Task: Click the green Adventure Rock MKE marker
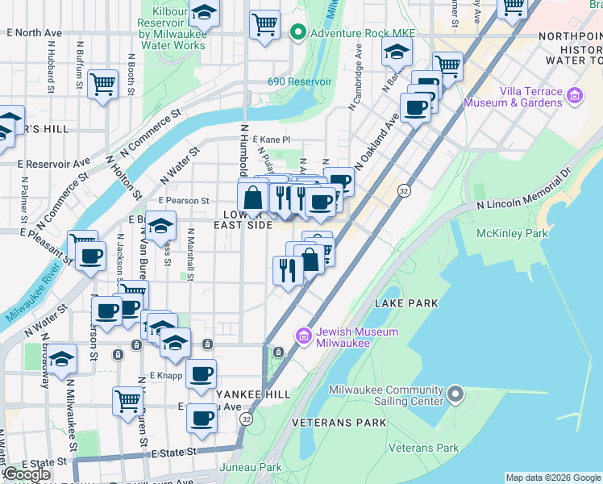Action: pyautogui.click(x=297, y=33)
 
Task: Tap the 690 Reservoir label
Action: pyautogui.click(x=300, y=82)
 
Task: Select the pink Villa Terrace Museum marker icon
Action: pyautogui.click(x=575, y=97)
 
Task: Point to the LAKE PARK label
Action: pyautogui.click(x=406, y=303)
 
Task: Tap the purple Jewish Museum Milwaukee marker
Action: pyautogui.click(x=304, y=335)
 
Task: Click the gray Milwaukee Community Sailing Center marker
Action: pyautogui.click(x=455, y=394)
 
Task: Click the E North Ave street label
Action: pyautogui.click(x=34, y=33)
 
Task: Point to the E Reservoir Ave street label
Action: pyautogui.click(x=53, y=162)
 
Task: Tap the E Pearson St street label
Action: pyautogui.click(x=184, y=200)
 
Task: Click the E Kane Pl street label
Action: pyautogui.click(x=271, y=140)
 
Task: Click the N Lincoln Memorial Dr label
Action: pyautogui.click(x=522, y=194)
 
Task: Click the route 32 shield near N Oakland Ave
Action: pyautogui.click(x=404, y=191)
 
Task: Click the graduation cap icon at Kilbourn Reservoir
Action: pyautogui.click(x=204, y=13)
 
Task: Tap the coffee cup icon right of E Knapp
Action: pyautogui.click(x=201, y=373)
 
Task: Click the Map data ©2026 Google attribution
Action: pyautogui.click(x=553, y=478)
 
